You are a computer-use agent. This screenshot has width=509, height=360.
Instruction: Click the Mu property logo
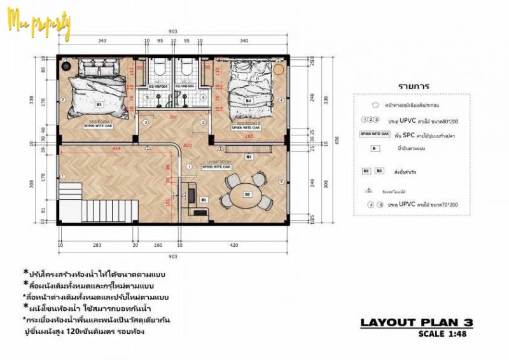click(x=39, y=24)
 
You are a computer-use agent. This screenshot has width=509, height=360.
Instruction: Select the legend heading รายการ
click(x=414, y=86)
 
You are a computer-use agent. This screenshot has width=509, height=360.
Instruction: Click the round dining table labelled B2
click(x=248, y=193)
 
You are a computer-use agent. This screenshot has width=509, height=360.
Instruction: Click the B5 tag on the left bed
click(x=99, y=104)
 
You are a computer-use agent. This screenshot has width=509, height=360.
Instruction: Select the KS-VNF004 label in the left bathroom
click(x=159, y=87)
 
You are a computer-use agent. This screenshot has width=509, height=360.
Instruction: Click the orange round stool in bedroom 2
click(x=278, y=67)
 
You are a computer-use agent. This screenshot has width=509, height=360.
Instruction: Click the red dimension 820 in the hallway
click(x=188, y=146)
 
